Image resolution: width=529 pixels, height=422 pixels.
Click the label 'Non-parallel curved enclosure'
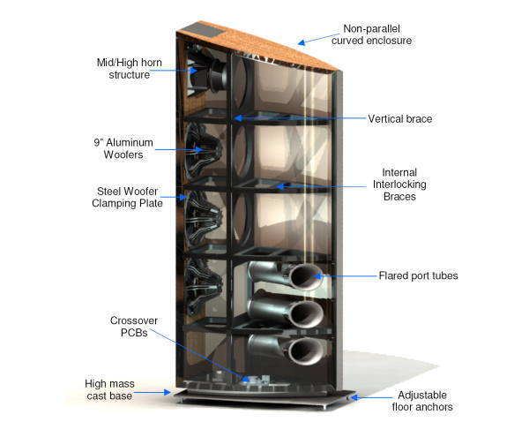[371, 34]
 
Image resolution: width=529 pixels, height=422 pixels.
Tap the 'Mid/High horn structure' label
[130, 69]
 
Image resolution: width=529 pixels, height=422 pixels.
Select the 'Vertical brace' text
[399, 119]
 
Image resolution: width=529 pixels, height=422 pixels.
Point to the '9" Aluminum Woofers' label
[123, 148]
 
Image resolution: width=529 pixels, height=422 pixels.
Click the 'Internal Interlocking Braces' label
[399, 185]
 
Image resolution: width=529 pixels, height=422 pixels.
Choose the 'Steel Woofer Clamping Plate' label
[127, 198]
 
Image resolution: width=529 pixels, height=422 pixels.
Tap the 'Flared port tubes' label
[418, 275]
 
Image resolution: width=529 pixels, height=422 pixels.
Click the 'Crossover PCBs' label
[134, 327]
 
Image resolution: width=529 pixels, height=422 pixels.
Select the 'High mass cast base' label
[109, 389]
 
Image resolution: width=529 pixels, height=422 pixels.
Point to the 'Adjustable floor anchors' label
[422, 401]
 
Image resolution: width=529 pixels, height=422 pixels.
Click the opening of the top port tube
[306, 277]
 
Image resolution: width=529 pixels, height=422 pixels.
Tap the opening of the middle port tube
[306, 313]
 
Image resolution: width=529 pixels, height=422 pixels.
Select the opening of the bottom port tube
[306, 351]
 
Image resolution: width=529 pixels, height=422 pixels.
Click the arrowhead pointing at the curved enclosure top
[302, 42]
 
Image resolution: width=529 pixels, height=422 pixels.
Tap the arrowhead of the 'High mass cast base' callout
[168, 392]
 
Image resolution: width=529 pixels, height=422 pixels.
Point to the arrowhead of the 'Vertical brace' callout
[238, 118]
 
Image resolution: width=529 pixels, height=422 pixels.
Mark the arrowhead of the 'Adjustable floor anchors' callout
[354, 397]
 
